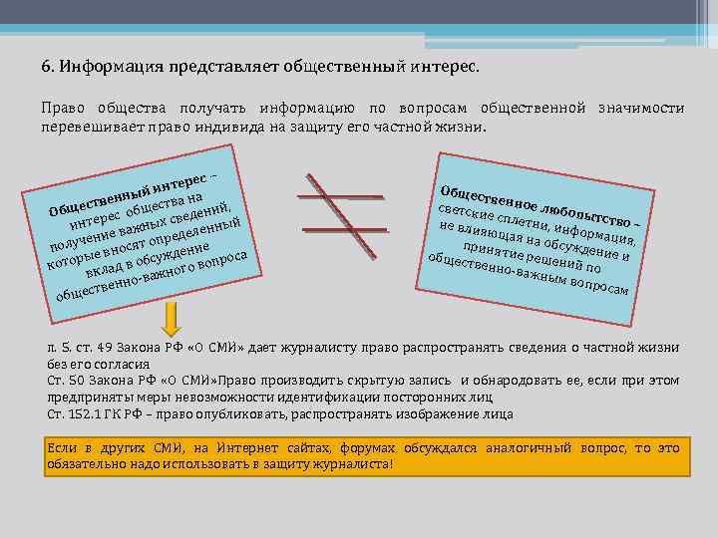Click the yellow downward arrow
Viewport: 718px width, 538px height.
point(172,319)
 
